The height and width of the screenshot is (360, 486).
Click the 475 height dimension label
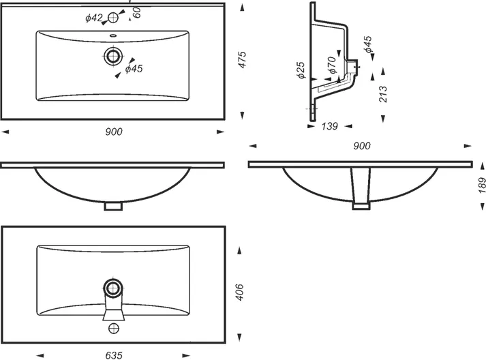pyautogui.click(x=242, y=60)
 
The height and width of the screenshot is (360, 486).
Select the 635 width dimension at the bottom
pyautogui.click(x=114, y=355)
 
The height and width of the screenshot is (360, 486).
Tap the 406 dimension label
pyautogui.click(x=239, y=292)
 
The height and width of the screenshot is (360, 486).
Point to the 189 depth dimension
pyautogui.click(x=482, y=185)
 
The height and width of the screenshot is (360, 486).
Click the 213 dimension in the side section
pyautogui.click(x=383, y=94)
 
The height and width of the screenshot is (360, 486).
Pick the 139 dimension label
pyautogui.click(x=329, y=126)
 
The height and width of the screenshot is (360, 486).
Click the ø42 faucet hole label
pyautogui.click(x=93, y=18)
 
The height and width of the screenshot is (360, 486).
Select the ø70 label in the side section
pyautogui.click(x=332, y=65)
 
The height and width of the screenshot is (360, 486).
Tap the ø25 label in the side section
pyautogui.click(x=301, y=70)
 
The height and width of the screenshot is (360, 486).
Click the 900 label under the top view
pyautogui.click(x=114, y=132)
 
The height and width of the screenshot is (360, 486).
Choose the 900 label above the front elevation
pyautogui.click(x=362, y=146)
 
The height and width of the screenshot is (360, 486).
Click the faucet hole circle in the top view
pyautogui.click(x=113, y=17)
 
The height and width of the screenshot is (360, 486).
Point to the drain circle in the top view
pyautogui.click(x=113, y=56)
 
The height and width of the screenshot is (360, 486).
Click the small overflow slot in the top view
pyautogui.click(x=113, y=35)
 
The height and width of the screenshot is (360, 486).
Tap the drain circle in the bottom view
pyautogui.click(x=113, y=288)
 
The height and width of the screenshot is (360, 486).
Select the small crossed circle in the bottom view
pyautogui.click(x=114, y=328)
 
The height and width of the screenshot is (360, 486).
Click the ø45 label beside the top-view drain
pyautogui.click(x=134, y=69)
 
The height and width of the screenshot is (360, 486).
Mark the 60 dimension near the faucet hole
pyautogui.click(x=137, y=12)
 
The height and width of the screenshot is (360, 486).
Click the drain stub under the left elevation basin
pyautogui.click(x=113, y=206)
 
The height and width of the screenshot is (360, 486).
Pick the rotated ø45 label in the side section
pyautogui.click(x=368, y=44)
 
